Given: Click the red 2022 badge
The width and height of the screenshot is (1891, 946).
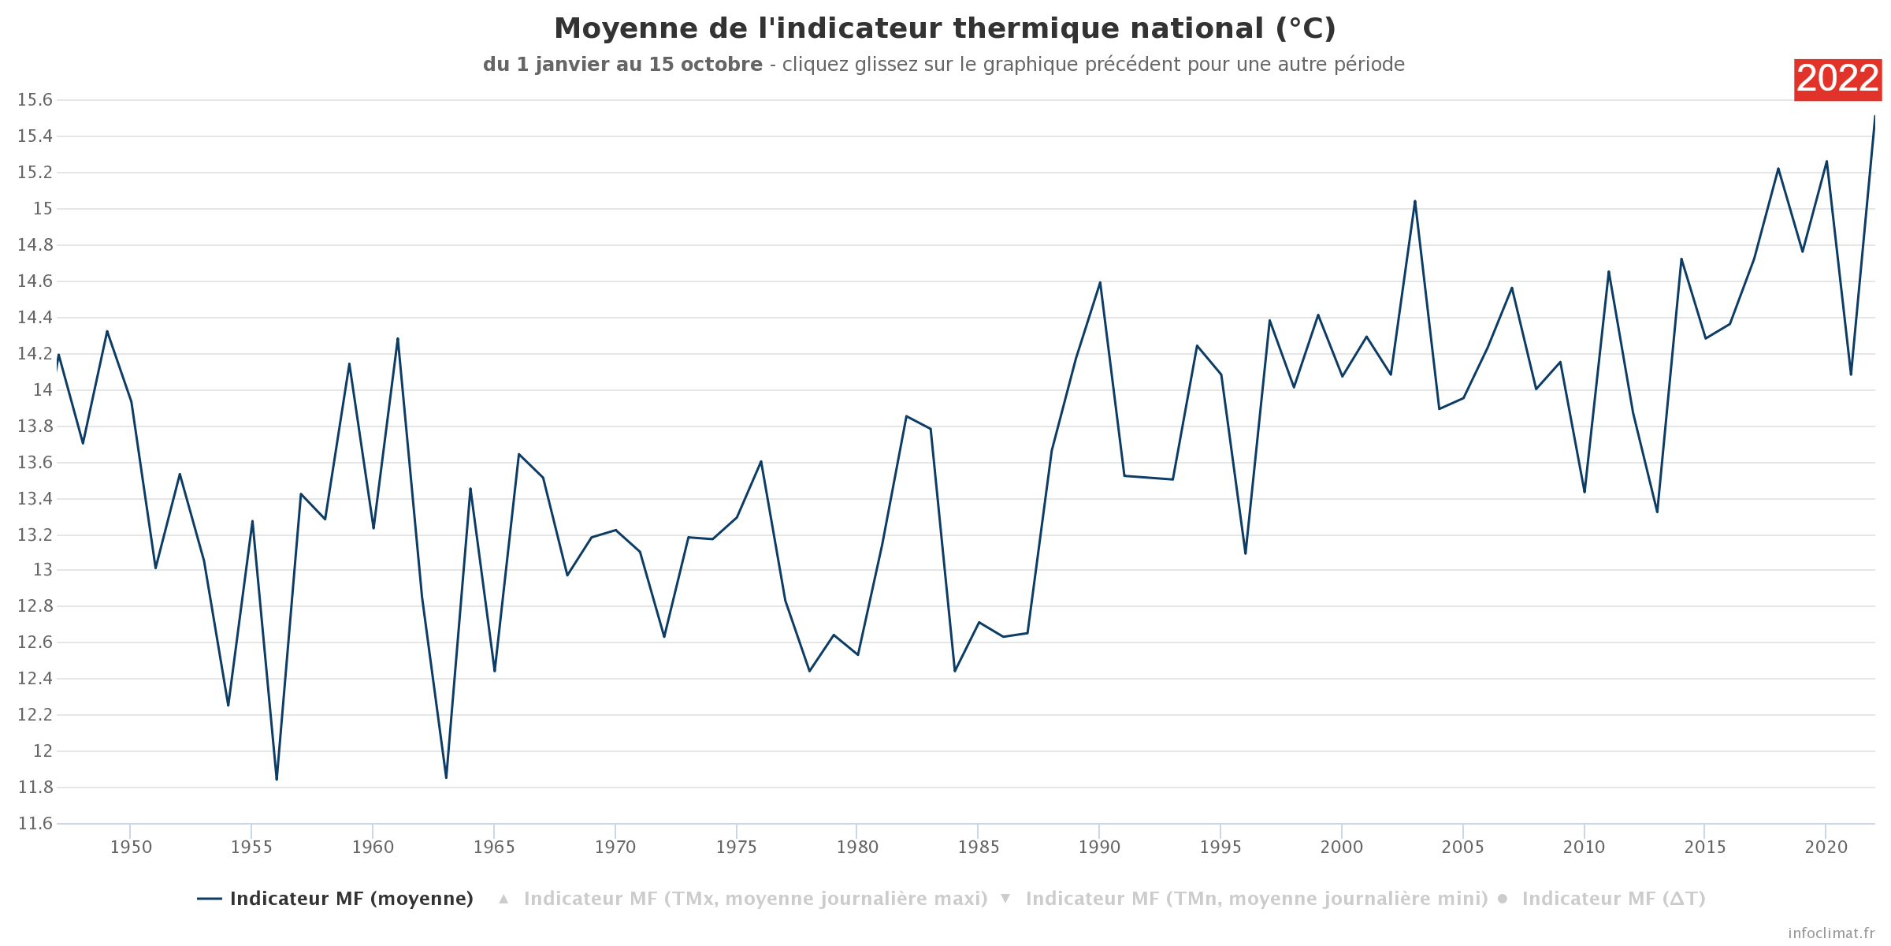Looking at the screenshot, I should coord(1837,80).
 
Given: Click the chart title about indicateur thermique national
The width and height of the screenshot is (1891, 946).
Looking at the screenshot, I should coord(945,29).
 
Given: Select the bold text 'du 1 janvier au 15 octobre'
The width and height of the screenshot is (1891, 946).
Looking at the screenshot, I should coord(622,65).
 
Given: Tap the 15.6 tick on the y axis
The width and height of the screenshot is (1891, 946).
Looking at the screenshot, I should coord(35,100).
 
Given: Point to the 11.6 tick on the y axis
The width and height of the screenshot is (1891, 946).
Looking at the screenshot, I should coord(35,824).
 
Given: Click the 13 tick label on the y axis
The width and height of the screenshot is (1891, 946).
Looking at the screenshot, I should coord(43,570).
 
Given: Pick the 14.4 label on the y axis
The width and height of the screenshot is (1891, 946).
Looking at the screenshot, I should coord(35,318).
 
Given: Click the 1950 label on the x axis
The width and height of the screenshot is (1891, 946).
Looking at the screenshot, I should coord(131,847).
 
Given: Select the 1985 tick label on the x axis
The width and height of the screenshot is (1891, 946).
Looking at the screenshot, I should coord(979,847).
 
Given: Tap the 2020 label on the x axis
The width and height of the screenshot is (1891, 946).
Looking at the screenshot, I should coord(1826,847).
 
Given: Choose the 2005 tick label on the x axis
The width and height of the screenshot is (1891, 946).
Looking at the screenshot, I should coord(1463,847).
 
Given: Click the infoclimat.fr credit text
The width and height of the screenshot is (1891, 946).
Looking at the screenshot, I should coord(1831,933).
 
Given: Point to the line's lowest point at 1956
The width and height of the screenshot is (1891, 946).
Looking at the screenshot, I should coord(277,780).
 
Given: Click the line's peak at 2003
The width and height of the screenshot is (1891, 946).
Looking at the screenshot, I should coord(1414,201).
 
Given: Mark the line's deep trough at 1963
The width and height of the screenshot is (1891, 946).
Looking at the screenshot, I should coord(446,778).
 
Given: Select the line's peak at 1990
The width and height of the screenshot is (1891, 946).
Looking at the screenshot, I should coord(1100,282).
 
